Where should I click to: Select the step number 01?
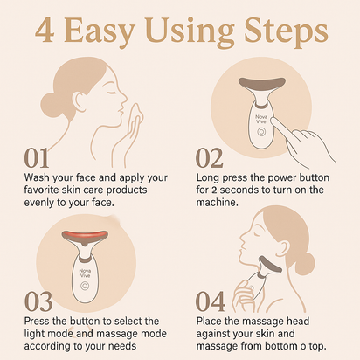[37, 159]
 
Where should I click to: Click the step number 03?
[38, 302]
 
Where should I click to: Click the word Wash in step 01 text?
[38, 177]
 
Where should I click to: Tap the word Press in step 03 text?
[38, 322]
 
